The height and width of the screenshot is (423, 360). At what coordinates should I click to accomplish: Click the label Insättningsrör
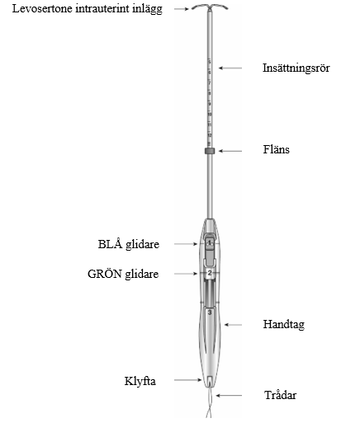tap(296, 68)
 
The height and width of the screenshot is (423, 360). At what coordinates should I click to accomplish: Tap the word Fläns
tap(277, 149)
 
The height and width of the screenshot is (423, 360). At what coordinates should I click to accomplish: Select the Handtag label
tap(284, 325)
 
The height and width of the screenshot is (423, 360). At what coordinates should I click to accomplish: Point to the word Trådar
tap(281, 395)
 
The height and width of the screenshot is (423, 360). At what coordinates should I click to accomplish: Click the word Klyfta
tap(140, 381)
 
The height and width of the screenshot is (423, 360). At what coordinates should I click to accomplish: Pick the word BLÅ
tap(110, 244)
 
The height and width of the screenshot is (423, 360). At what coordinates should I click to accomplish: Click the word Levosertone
tap(43, 8)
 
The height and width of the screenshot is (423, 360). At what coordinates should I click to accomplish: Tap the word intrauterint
tap(102, 8)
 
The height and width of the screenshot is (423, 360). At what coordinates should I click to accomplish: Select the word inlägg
tap(147, 9)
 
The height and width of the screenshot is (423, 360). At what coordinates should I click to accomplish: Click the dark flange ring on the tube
tap(210, 151)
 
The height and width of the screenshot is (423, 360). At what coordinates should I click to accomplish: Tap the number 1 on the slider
tap(210, 243)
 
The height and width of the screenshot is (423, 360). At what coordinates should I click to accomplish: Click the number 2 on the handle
tap(210, 273)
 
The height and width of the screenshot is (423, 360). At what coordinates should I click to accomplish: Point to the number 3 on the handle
tap(210, 313)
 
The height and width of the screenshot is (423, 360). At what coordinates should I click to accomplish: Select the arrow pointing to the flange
tap(230, 151)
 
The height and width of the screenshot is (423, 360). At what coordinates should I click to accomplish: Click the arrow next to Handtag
tap(234, 325)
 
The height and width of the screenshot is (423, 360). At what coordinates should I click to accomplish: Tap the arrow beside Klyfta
tap(188, 380)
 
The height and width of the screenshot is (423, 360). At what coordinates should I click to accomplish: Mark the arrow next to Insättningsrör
tap(230, 68)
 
